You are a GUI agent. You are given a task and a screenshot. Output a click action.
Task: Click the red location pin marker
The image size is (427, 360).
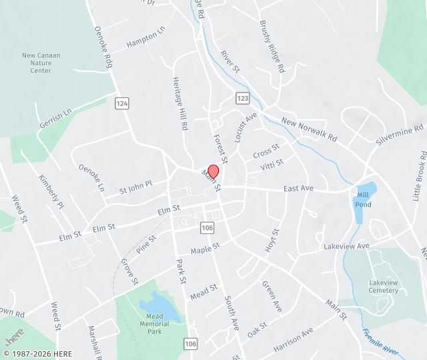tap(213, 171)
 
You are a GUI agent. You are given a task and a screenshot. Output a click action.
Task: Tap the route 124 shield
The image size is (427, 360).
tap(121, 103)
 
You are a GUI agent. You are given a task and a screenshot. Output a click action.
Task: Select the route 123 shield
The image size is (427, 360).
tap(242, 98)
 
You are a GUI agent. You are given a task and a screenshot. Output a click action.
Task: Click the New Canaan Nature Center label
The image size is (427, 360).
tap(45, 63)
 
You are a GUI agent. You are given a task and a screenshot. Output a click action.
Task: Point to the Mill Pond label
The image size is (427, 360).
tap(364, 199)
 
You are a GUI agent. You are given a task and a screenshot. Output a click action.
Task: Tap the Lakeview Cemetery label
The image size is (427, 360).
tap(384, 286)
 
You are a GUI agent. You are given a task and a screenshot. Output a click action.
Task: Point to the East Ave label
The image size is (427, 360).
tap(298, 189)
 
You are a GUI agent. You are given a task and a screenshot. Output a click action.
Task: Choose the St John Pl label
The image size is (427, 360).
tap(136, 187)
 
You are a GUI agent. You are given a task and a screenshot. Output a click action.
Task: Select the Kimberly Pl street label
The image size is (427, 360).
tap(52, 192)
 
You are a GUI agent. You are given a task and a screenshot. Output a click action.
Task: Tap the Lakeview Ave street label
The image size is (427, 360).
tap(346, 246)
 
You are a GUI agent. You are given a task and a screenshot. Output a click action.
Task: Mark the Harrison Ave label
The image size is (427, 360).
tap(294, 340)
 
